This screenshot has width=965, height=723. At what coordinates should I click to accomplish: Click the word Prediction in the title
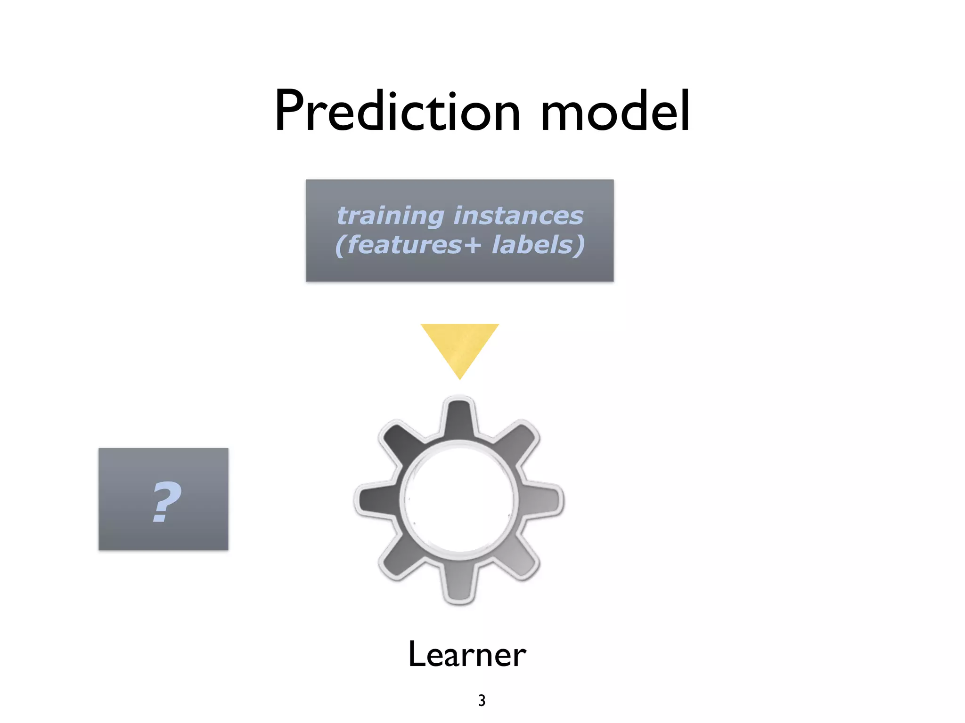[397, 111]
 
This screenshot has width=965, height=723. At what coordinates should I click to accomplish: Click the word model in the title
[615, 111]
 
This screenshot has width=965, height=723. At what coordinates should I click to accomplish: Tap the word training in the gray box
[390, 216]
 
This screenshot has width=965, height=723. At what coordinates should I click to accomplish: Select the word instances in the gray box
[518, 216]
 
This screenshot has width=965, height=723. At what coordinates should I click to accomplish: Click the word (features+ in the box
[408, 245]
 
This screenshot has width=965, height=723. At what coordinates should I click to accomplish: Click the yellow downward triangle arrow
[459, 346]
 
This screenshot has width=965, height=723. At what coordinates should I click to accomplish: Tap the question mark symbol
[166, 502]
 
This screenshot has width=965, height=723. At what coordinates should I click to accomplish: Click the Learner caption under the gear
[466, 654]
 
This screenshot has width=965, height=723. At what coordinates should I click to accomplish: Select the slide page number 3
[482, 700]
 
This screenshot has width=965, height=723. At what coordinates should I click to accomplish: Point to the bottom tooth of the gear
[459, 584]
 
